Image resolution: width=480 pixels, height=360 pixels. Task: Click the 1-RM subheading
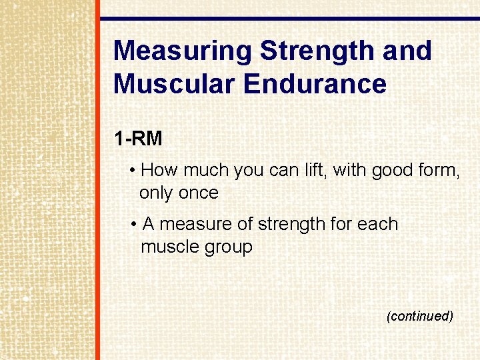(138, 139)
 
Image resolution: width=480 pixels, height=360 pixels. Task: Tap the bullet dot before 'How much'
(134, 171)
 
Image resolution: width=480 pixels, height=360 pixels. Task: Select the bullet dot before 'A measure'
(135, 225)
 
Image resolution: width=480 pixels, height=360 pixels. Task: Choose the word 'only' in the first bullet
(155, 193)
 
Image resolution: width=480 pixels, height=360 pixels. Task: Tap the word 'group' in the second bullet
(229, 248)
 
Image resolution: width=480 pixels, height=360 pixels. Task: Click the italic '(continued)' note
(419, 316)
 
